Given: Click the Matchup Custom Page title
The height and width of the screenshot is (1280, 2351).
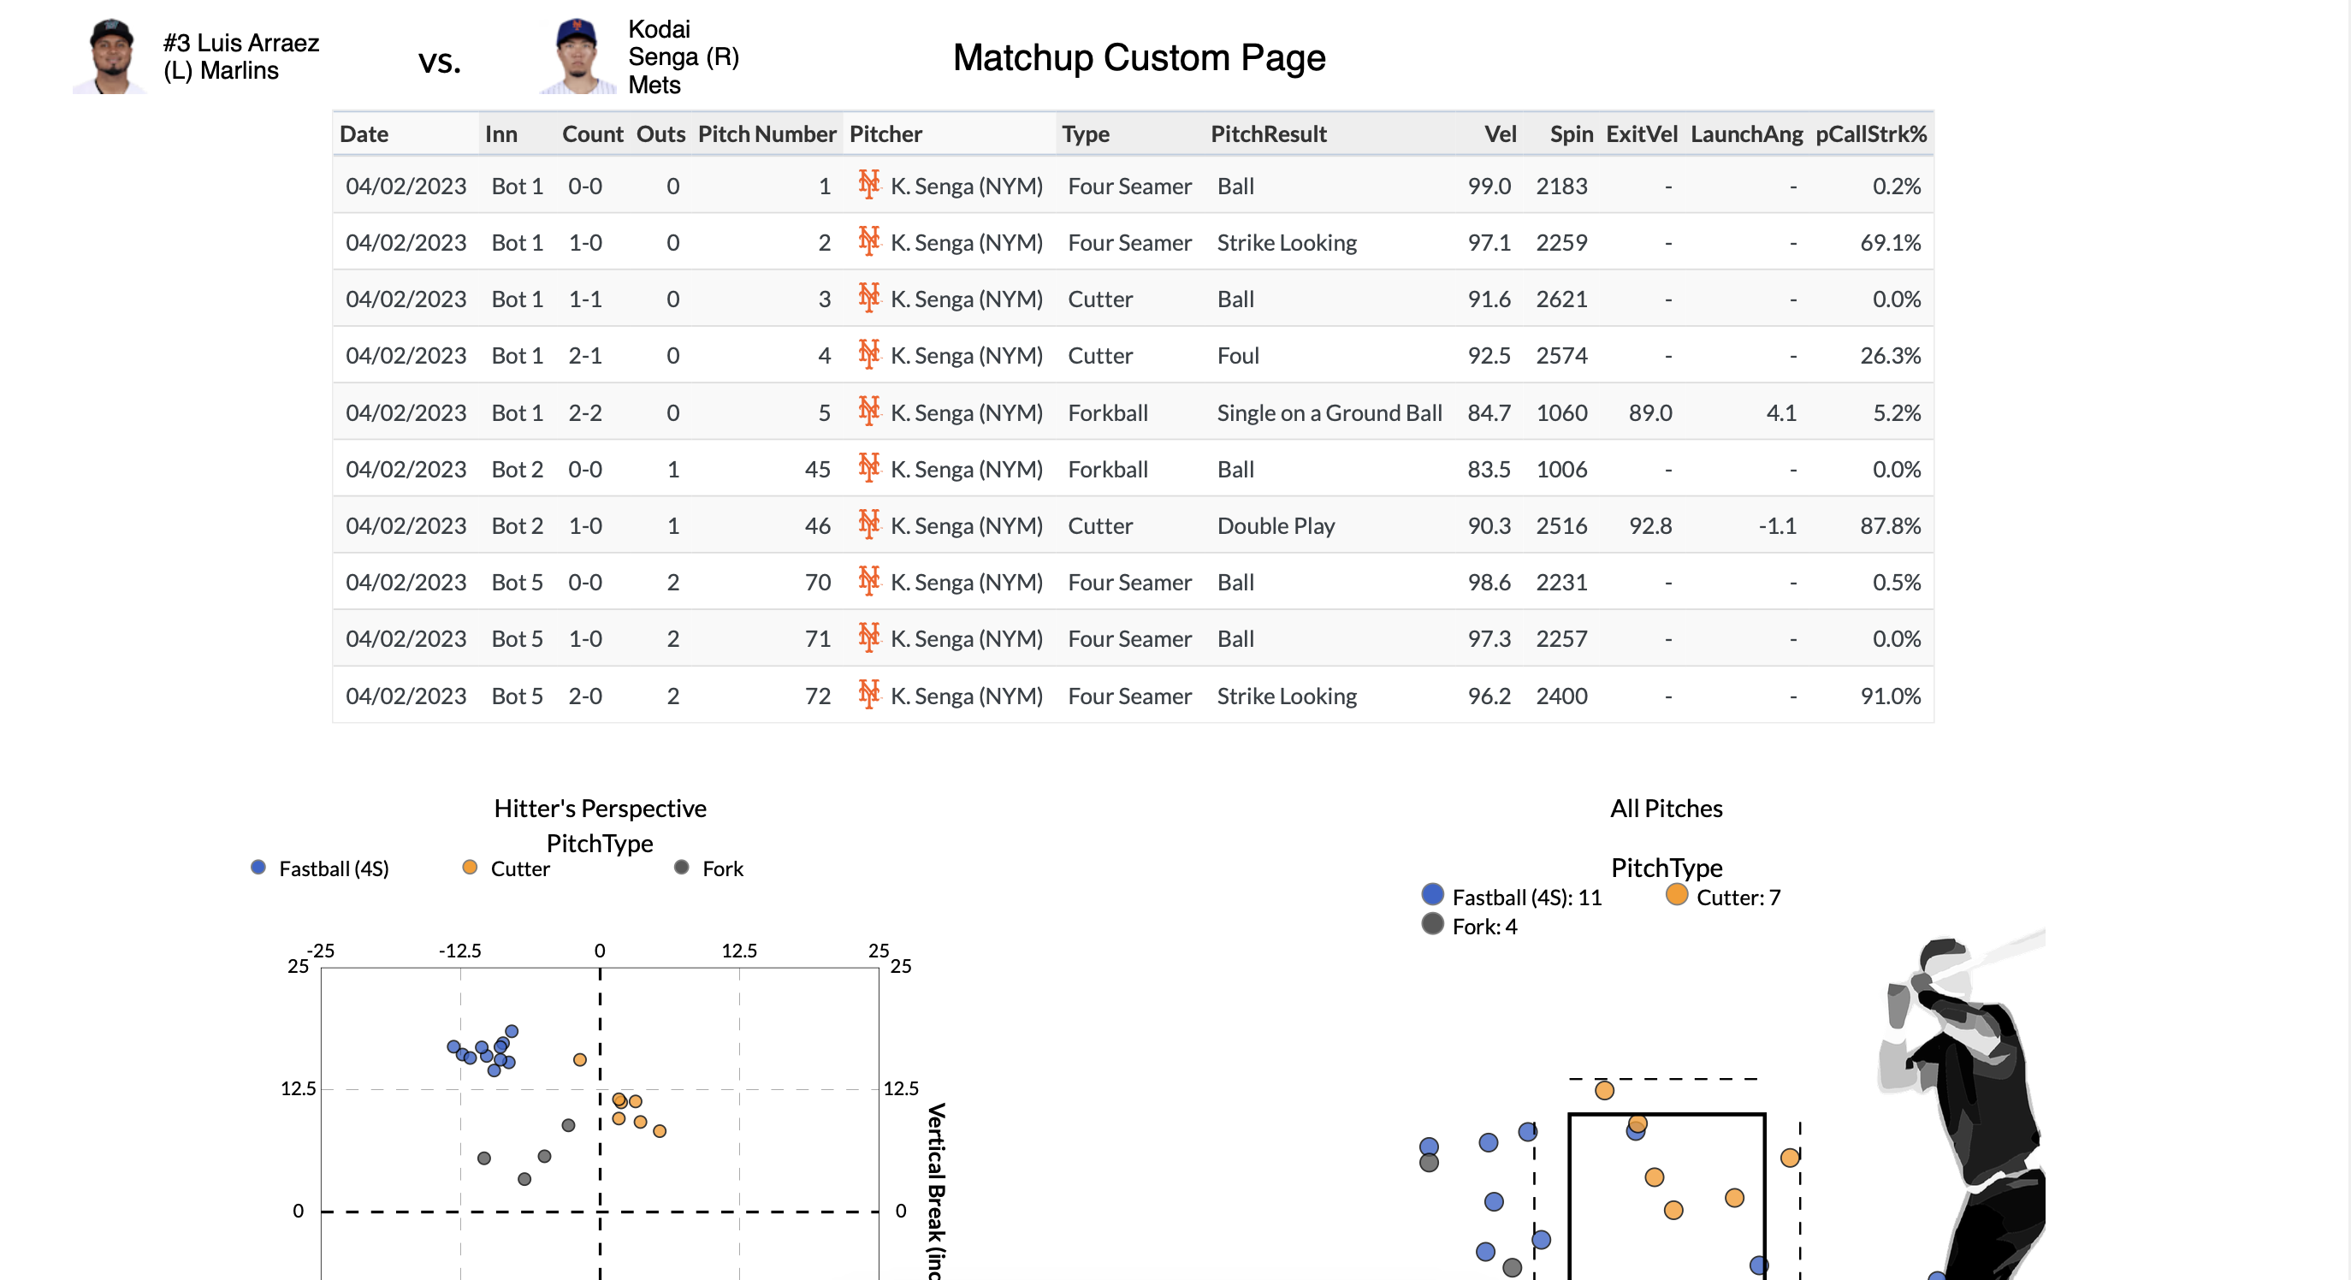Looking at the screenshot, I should tap(1138, 57).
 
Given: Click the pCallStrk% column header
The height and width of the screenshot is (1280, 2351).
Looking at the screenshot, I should tap(1870, 134).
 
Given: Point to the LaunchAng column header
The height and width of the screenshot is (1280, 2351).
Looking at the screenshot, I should tap(1745, 134).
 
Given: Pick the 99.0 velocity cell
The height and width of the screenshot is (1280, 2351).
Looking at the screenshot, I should tap(1489, 187).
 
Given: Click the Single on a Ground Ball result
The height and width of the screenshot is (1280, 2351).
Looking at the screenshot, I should tap(1329, 412).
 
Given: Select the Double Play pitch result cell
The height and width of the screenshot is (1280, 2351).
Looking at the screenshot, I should tap(1275, 526).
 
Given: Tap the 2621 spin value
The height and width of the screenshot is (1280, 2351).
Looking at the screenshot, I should tap(1560, 299).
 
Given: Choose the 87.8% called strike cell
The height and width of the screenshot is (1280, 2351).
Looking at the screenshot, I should tap(1889, 526).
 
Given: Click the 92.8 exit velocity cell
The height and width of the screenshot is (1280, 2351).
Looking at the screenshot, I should tap(1650, 526).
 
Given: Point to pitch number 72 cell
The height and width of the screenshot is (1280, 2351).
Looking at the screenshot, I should tap(817, 696).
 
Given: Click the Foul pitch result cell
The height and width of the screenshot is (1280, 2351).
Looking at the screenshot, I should tap(1238, 356).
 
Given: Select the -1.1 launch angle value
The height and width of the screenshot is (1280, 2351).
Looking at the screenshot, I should tap(1776, 526).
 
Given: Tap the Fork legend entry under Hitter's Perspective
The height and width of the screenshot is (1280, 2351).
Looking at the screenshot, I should tap(710, 868).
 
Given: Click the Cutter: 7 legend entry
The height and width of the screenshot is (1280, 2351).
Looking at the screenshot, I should tap(1724, 897).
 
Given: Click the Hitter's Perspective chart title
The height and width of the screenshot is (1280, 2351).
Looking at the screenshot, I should tap(600, 808).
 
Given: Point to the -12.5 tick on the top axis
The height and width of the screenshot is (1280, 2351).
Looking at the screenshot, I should tap(459, 951).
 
